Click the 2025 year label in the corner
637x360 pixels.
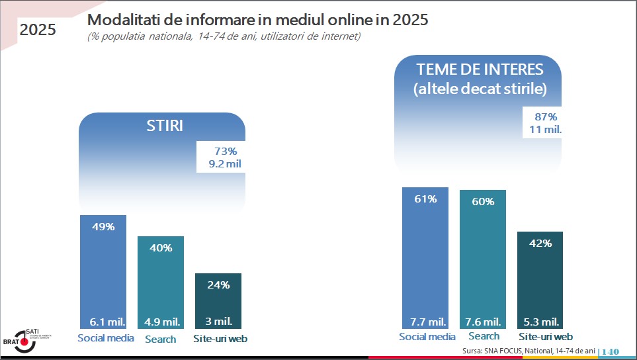click(x=38, y=30)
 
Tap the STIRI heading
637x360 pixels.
click(x=165, y=126)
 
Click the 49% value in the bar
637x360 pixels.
click(x=103, y=227)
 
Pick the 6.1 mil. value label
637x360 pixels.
click(x=104, y=322)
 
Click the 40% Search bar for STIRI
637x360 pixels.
click(x=161, y=281)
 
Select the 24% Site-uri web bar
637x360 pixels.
click(x=218, y=301)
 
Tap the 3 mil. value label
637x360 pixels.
click(x=218, y=322)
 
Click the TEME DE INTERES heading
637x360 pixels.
click(x=480, y=69)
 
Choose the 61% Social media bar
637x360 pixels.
click(x=425, y=258)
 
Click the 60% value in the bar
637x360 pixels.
click(x=483, y=201)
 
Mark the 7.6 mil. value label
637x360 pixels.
click(x=483, y=322)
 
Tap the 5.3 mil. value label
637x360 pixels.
click(x=540, y=322)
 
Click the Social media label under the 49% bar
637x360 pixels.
click(x=106, y=338)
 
